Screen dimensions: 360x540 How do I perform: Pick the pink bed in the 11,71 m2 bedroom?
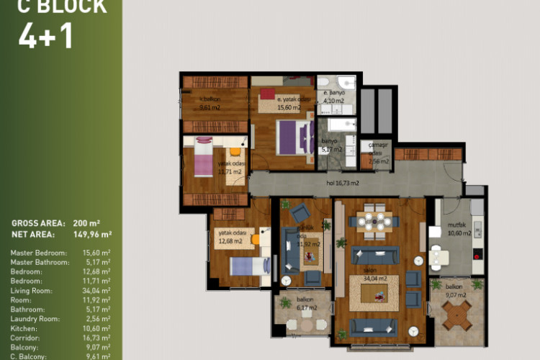coord(200,158)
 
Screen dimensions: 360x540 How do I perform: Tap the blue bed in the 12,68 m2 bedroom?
coord(249,267)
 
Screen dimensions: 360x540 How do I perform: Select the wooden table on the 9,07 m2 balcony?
coord(456,315)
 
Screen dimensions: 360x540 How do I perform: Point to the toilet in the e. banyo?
coord(345,81)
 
